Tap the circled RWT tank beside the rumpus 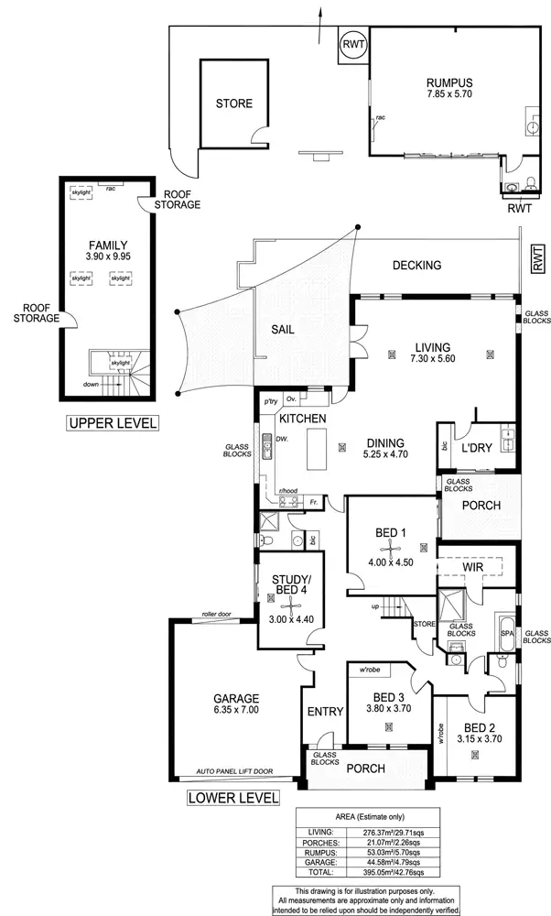point(352,45)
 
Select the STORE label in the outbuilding point(233,104)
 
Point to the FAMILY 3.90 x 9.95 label point(107,251)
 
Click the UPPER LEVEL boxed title point(112,423)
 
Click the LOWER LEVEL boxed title point(232,797)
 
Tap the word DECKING point(416,266)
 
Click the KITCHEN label point(303,419)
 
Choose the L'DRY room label point(477,448)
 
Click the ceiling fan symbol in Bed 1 point(390,551)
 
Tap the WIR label point(472,568)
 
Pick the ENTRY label point(324,712)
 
